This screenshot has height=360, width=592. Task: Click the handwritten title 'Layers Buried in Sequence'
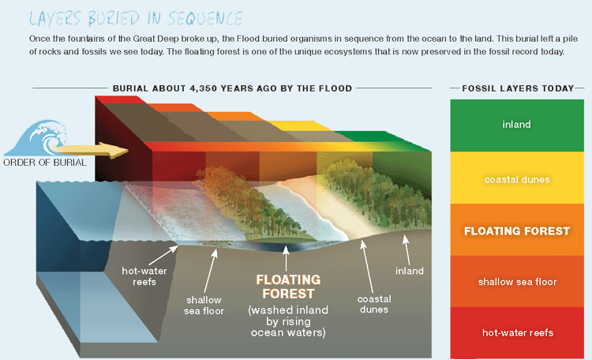[136, 18]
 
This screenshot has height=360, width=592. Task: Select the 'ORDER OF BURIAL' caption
[45, 163]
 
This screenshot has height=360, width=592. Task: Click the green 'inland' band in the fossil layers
[517, 126]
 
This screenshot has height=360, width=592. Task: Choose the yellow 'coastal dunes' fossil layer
[517, 178]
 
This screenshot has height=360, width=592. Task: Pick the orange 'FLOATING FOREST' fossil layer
[517, 230]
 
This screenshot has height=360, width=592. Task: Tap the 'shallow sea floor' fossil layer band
[517, 281]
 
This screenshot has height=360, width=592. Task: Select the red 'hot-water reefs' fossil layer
[517, 333]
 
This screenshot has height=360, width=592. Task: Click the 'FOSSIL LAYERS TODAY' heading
[518, 88]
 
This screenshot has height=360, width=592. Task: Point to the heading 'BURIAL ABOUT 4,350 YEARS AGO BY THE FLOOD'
[232, 88]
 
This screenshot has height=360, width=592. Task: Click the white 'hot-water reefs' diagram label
[144, 276]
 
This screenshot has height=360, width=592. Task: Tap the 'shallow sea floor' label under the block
[204, 306]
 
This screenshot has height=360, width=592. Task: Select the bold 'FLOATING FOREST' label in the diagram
[288, 287]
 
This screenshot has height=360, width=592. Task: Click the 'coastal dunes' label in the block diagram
[374, 304]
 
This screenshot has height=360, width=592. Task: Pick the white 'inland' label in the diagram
[410, 271]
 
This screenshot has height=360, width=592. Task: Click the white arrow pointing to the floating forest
[286, 258]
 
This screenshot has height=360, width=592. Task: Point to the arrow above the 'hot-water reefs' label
[163, 255]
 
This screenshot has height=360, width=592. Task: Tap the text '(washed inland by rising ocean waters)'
[288, 321]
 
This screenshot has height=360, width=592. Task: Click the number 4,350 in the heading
[203, 88]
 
